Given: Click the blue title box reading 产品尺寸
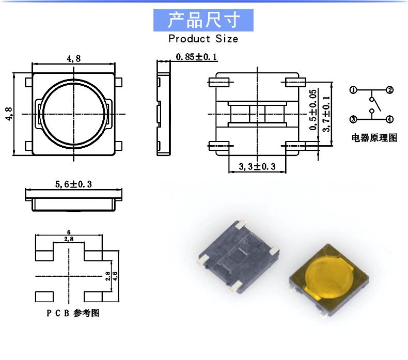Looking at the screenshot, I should point(203,20).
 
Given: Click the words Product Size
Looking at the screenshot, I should point(203,39).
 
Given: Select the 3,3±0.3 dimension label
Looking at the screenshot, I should point(257,166).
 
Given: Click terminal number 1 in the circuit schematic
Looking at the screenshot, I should point(353,90).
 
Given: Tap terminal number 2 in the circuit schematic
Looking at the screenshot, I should point(390,90).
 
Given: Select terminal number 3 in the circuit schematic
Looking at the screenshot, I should point(353,119).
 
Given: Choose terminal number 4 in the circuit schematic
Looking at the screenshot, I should point(390,119).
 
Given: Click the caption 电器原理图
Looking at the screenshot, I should point(374,138).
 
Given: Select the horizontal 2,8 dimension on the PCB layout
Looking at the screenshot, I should point(69,239).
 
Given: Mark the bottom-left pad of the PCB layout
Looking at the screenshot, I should point(44,296).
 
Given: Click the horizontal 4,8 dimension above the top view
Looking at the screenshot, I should point(73,58).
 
